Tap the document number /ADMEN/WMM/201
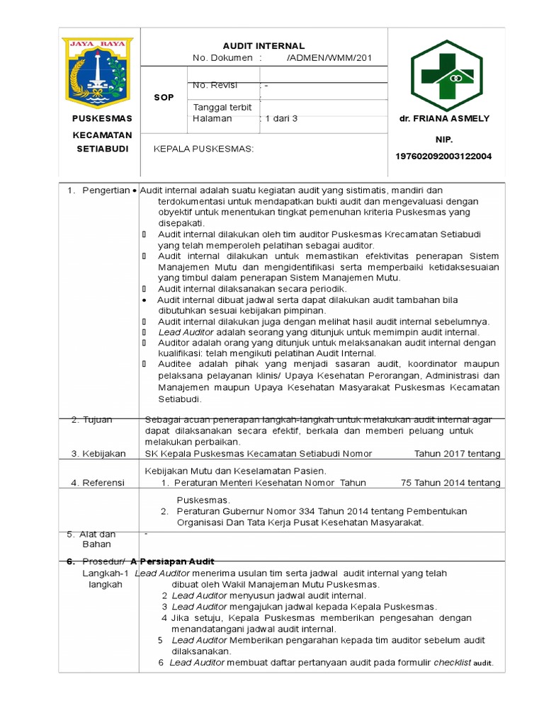(x=329, y=58)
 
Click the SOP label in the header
(x=164, y=97)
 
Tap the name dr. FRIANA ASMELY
(x=444, y=118)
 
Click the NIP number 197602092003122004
(x=443, y=156)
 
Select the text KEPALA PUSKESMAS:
(x=203, y=149)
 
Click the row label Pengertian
(x=106, y=190)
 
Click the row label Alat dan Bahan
(x=98, y=539)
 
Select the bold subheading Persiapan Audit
(x=176, y=561)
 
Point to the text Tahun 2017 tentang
(x=457, y=453)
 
